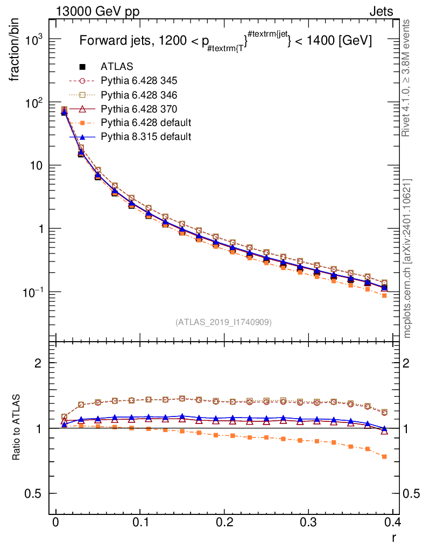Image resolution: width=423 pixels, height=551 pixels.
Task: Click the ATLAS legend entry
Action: [116, 67]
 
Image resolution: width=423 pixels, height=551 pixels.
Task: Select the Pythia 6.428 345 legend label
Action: [139, 81]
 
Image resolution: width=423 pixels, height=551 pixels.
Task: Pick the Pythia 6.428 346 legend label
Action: [139, 95]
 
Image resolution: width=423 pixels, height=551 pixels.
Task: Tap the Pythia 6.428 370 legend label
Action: [139, 109]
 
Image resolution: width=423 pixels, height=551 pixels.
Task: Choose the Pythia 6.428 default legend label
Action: [145, 123]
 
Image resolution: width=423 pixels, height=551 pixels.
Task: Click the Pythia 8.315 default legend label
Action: [145, 137]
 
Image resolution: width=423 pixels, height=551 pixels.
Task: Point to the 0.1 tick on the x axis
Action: [140, 522]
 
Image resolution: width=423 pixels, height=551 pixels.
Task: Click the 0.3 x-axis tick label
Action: [309, 522]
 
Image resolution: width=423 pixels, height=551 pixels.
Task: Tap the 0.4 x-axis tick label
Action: [393, 522]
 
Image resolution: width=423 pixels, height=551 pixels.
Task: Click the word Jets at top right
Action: [381, 11]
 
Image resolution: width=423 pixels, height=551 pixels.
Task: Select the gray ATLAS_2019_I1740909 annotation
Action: [223, 322]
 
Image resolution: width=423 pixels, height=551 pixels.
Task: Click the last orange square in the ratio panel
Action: [384, 456]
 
